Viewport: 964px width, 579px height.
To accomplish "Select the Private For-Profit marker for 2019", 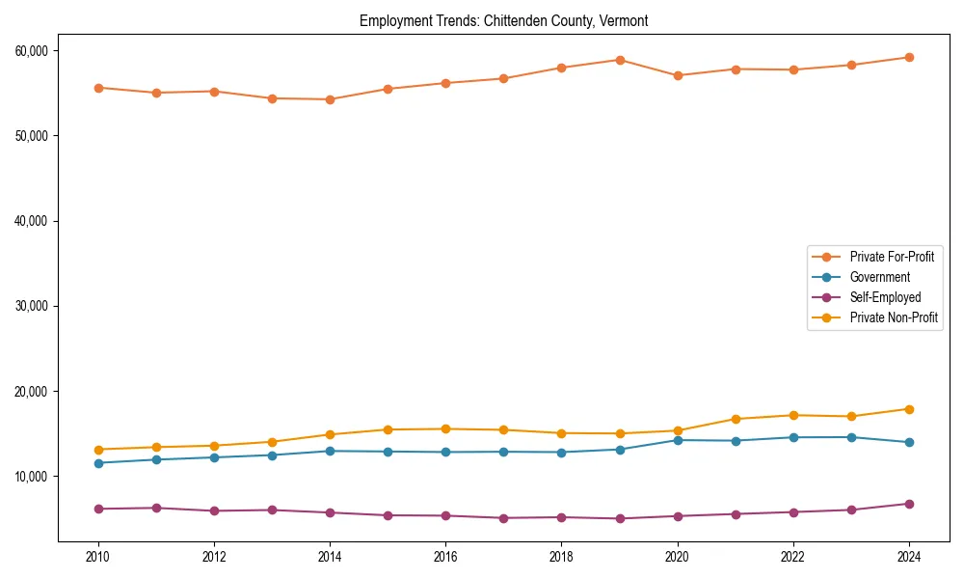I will coord(620,60).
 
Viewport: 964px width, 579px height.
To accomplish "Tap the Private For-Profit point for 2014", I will coord(330,99).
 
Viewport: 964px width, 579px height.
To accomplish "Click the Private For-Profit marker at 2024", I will coord(909,57).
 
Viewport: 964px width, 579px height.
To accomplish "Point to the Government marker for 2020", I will coord(678,440).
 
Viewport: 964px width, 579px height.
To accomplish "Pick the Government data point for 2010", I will coord(98,463).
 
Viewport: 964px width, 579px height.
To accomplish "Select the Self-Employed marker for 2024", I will coord(909,504).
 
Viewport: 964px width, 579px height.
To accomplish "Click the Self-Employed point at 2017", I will coord(504,518).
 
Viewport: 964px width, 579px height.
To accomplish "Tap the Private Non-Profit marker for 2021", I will coord(736,419).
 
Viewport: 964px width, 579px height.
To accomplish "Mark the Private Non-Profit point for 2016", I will coord(446,428).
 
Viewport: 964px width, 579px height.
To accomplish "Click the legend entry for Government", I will coord(879,277).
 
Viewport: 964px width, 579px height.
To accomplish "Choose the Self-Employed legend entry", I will coord(885,297).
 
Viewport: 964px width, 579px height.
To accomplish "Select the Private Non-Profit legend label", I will coord(894,317).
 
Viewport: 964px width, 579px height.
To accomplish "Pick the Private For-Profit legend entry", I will coord(892,257).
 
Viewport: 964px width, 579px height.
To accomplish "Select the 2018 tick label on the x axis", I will coord(562,557).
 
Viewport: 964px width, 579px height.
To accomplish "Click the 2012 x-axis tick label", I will coord(214,557).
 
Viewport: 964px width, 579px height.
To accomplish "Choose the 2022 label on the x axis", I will coord(793,557).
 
